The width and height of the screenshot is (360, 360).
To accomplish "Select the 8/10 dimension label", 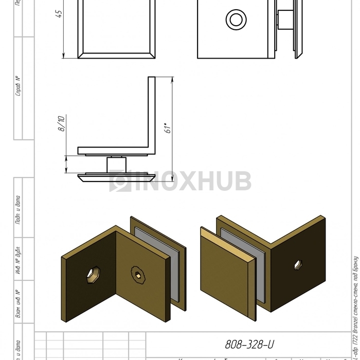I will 61,124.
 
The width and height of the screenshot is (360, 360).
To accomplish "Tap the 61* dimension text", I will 167,128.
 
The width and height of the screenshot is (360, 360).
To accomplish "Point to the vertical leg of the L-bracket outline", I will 152,113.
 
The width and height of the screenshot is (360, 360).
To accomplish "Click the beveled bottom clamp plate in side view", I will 116,178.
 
